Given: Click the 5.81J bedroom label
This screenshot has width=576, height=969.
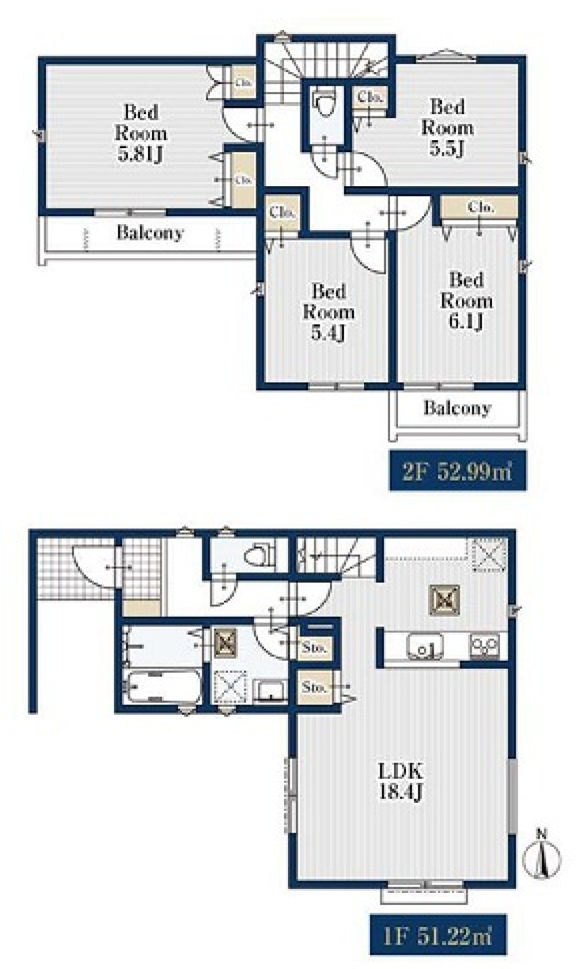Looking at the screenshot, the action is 141,134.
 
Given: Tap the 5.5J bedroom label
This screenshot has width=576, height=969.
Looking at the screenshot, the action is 447,127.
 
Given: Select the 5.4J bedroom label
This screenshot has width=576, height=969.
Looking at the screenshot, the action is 328,312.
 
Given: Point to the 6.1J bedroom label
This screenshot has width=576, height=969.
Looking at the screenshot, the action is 466,301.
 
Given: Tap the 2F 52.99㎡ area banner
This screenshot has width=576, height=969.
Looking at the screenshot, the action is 458,470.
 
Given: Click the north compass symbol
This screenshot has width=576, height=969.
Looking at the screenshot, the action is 542,855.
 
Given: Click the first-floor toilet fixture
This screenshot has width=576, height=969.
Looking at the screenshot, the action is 260,556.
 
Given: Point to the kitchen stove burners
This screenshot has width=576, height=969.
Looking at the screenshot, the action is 484,646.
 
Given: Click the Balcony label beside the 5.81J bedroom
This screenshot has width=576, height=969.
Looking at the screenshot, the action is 150,233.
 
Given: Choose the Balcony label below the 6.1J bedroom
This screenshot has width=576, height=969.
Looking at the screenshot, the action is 457,408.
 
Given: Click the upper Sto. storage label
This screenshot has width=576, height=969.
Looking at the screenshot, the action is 314,648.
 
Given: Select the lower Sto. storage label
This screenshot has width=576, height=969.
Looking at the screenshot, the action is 314,687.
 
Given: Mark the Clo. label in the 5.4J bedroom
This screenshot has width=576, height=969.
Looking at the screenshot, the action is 282,213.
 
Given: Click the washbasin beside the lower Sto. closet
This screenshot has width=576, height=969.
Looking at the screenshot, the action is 271,689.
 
